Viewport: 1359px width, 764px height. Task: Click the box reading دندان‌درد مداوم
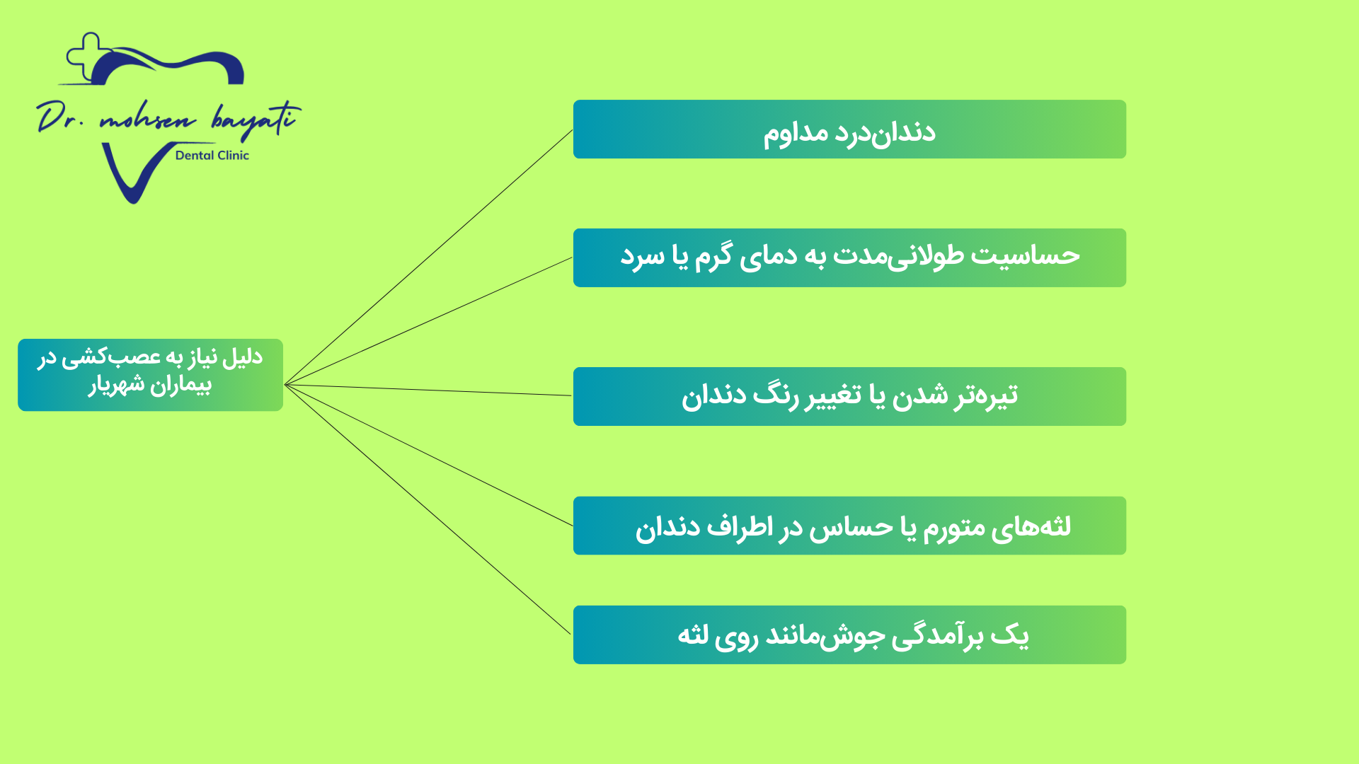point(849,129)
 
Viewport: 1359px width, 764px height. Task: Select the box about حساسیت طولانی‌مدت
point(849,257)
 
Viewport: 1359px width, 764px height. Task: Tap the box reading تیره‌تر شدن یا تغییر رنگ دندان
point(849,396)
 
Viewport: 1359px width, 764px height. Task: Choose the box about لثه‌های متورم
point(849,526)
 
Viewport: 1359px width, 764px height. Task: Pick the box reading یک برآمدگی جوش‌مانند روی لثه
point(849,635)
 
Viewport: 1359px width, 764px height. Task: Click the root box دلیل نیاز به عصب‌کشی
point(150,375)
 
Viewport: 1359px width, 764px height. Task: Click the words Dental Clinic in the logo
point(212,156)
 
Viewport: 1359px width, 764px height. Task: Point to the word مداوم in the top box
point(796,133)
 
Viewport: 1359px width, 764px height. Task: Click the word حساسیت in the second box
point(1025,255)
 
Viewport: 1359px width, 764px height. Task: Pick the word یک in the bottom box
point(1010,635)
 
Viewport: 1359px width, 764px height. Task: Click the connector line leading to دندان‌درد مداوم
point(428,257)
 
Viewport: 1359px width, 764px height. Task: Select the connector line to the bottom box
point(428,509)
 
